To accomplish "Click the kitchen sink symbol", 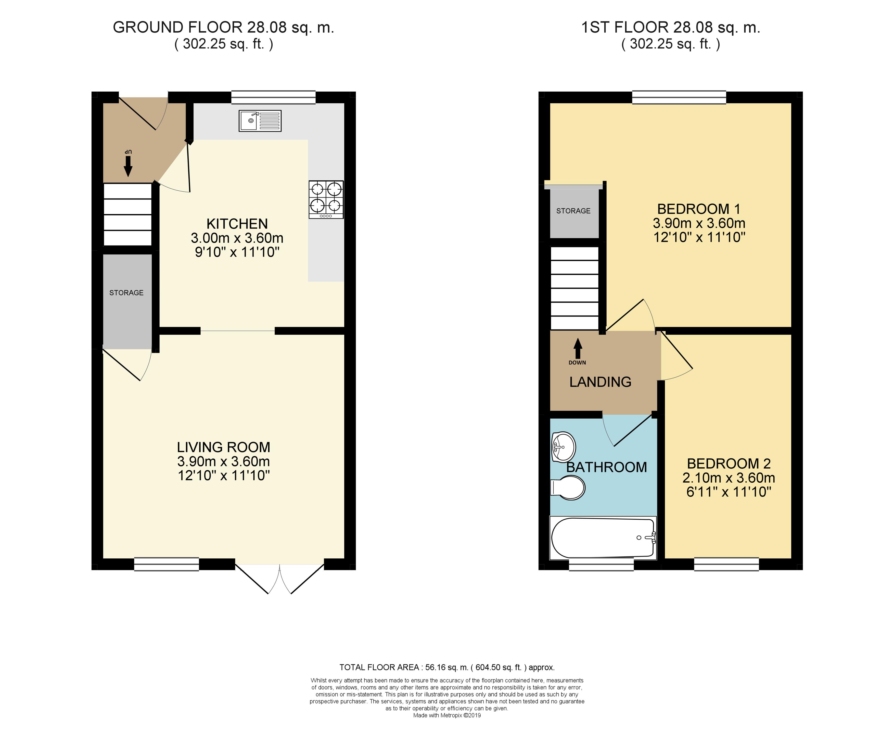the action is tap(260, 121).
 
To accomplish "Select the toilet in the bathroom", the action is tap(568, 488).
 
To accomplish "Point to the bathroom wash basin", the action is tap(563, 447).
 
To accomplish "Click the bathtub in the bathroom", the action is tap(603, 537).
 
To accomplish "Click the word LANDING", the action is tap(600, 382).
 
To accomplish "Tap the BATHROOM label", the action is tap(606, 467).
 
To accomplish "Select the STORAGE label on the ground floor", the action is tap(126, 292).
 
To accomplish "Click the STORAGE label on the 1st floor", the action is tap(573, 211).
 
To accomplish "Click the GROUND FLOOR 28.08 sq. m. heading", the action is tap(224, 28).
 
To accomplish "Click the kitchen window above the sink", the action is tap(273, 97).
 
